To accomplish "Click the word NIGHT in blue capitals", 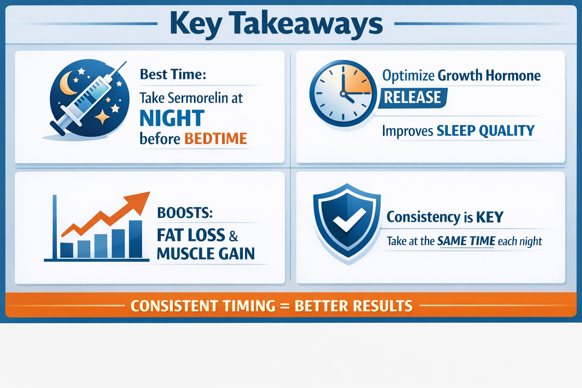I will click(x=172, y=118).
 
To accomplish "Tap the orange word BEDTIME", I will click(x=216, y=139).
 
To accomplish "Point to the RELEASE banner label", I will click(x=412, y=97).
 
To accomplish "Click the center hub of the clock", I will click(x=343, y=94).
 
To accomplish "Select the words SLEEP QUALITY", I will click(x=485, y=131).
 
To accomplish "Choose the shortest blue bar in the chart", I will click(x=67, y=250).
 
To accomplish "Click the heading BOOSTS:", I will click(x=185, y=213).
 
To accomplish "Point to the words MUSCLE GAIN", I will click(x=206, y=254).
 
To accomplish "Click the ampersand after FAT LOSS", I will click(x=233, y=236).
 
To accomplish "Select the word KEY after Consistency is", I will click(x=490, y=217).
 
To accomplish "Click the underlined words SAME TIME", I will click(x=466, y=241).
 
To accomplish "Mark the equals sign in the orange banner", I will click(x=285, y=306).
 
